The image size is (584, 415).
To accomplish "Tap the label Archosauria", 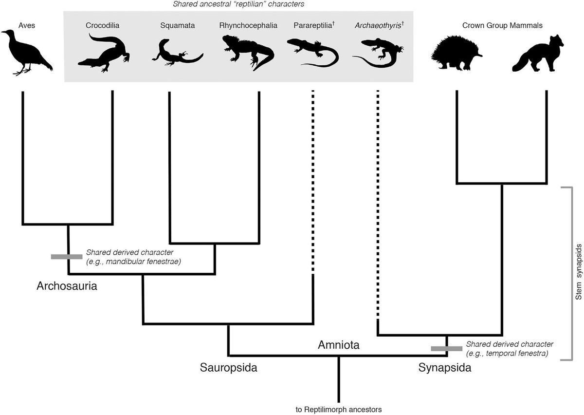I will click(67, 286).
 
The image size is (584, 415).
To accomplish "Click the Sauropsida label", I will click(228, 367).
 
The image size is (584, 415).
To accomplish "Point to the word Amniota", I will click(338, 345).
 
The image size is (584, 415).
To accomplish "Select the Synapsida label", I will click(445, 368).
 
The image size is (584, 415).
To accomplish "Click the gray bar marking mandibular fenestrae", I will click(67, 256).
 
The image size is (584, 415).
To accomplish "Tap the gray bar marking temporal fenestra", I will click(446, 348).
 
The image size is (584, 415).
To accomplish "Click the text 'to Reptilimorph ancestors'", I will click(339, 408).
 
